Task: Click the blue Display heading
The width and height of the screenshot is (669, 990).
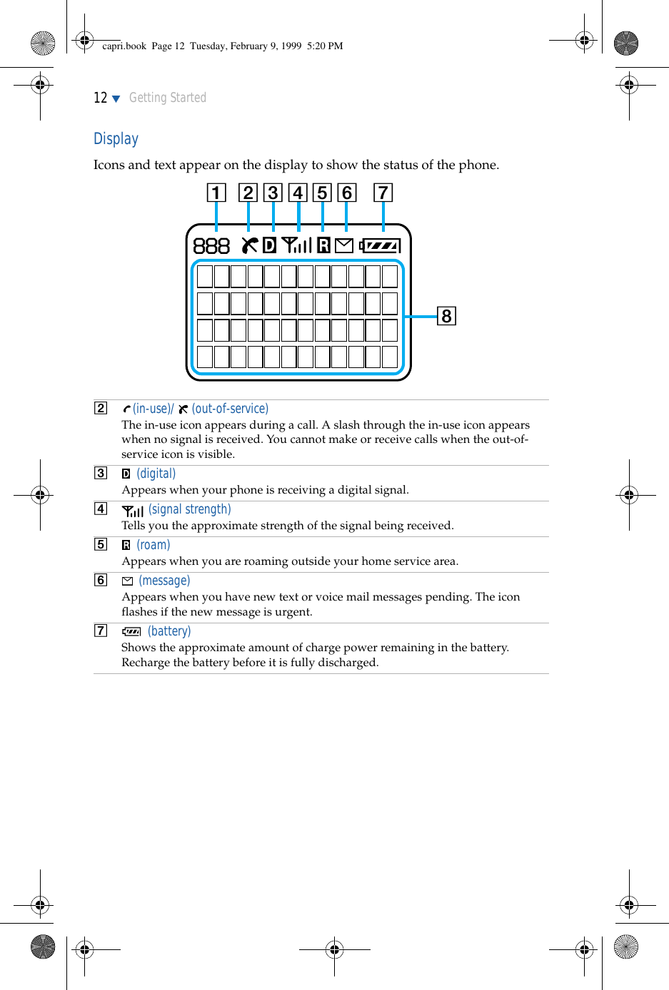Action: pos(116,139)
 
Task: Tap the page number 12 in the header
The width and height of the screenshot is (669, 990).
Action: pos(100,98)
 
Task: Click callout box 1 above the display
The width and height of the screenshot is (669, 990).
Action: pos(216,193)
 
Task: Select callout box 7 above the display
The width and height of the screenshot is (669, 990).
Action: pos(383,193)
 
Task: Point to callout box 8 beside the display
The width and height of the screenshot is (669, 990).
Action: pos(446,316)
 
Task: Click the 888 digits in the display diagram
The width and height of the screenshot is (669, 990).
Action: pos(211,246)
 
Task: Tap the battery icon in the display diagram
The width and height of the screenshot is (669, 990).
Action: pos(380,246)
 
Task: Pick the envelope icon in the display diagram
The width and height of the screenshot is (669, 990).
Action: pos(344,246)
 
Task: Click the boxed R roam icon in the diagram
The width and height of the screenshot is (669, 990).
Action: pos(323,246)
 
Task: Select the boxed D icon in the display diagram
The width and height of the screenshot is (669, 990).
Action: pos(269,245)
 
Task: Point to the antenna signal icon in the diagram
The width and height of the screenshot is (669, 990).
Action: pos(296,245)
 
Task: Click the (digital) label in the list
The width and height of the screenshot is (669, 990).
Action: pos(156,474)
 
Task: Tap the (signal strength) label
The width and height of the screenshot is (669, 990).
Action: pos(190,509)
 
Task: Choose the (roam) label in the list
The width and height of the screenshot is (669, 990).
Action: pos(154,545)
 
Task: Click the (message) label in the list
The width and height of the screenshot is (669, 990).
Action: pos(164,581)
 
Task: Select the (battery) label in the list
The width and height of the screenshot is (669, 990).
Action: pos(169,631)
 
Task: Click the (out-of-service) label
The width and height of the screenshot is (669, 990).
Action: pos(230,409)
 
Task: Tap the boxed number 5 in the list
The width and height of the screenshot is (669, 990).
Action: pos(101,544)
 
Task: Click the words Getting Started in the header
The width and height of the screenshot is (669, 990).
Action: pos(168,98)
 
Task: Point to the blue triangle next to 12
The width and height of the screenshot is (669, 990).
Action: pos(116,98)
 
